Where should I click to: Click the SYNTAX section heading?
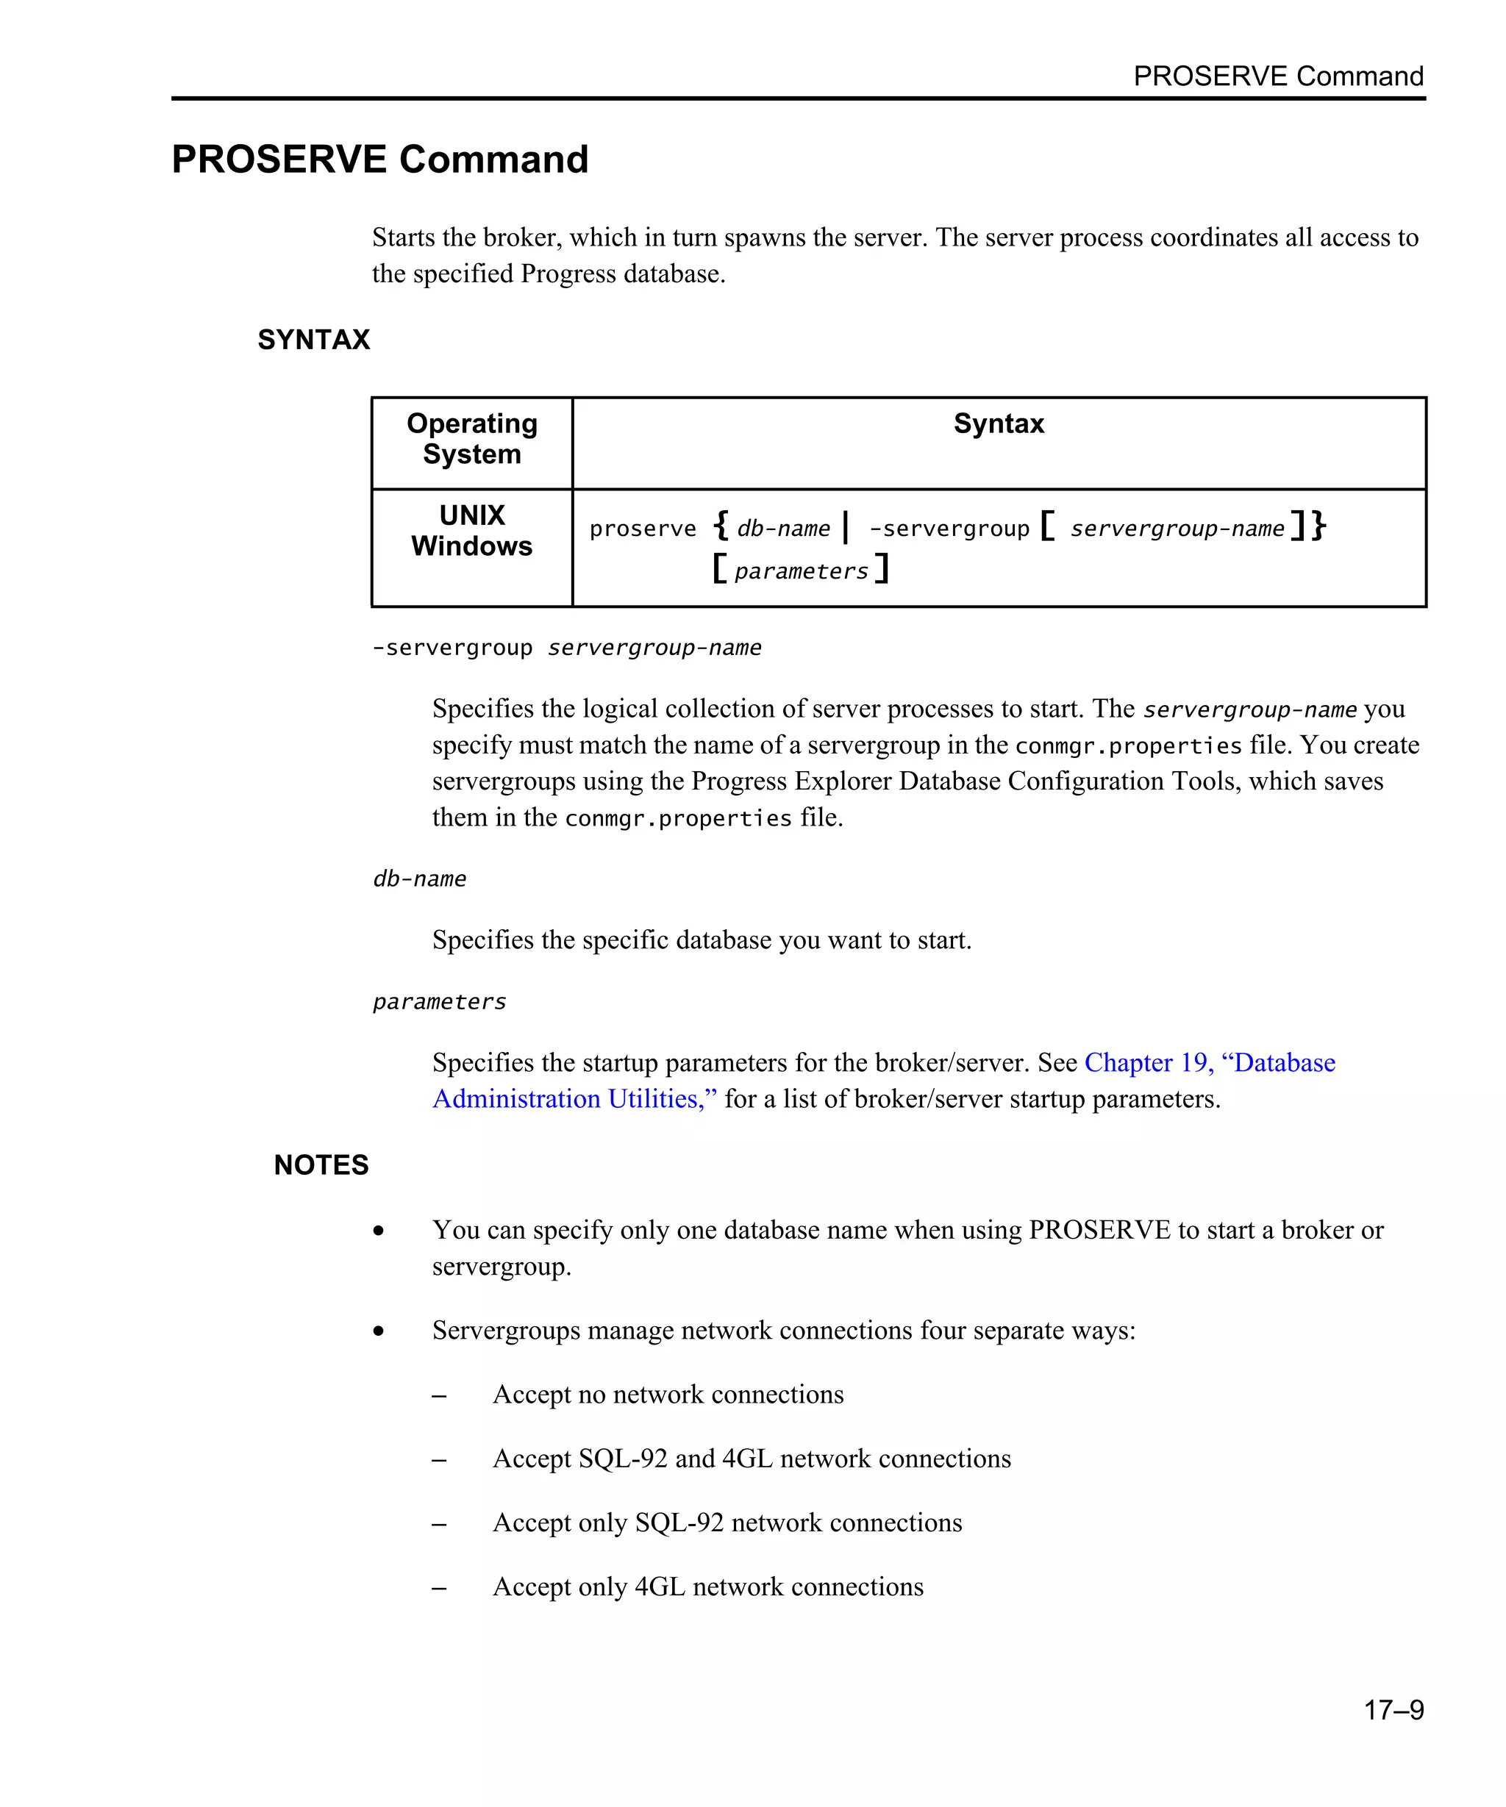(x=313, y=340)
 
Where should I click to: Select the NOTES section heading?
(x=321, y=1165)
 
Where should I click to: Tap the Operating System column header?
(x=471, y=439)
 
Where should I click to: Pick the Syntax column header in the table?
(x=999, y=423)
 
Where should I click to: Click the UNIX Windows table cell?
(x=471, y=531)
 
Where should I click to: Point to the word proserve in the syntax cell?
(x=642, y=529)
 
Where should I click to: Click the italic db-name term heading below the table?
(x=419, y=879)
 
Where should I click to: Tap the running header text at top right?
(x=1278, y=76)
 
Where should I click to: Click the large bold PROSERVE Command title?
(x=379, y=160)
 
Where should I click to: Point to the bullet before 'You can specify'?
(x=379, y=1231)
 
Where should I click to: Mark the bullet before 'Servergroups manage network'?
(x=379, y=1331)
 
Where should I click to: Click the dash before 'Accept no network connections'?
(x=439, y=1396)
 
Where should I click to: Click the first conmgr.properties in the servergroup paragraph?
(x=1128, y=745)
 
